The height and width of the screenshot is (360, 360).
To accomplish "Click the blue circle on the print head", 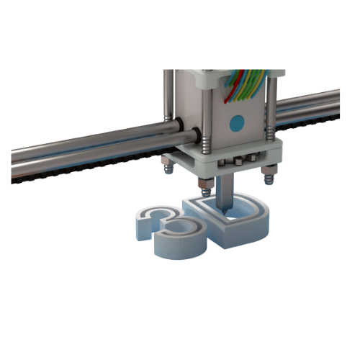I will point(236,122).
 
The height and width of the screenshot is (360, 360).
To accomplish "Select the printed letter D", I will point(234,220).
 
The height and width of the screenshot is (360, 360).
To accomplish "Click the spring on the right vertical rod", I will point(269,130).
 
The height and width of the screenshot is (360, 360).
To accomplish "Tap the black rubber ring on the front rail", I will point(195,134).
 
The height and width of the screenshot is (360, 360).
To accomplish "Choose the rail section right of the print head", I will point(310,108).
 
